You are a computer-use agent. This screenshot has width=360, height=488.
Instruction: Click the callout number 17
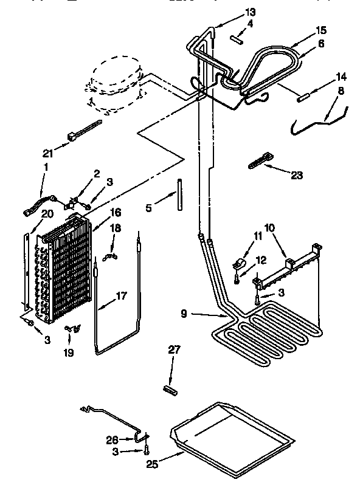(122, 297)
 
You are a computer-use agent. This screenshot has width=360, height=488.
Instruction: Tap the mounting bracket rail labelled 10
(286, 267)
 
